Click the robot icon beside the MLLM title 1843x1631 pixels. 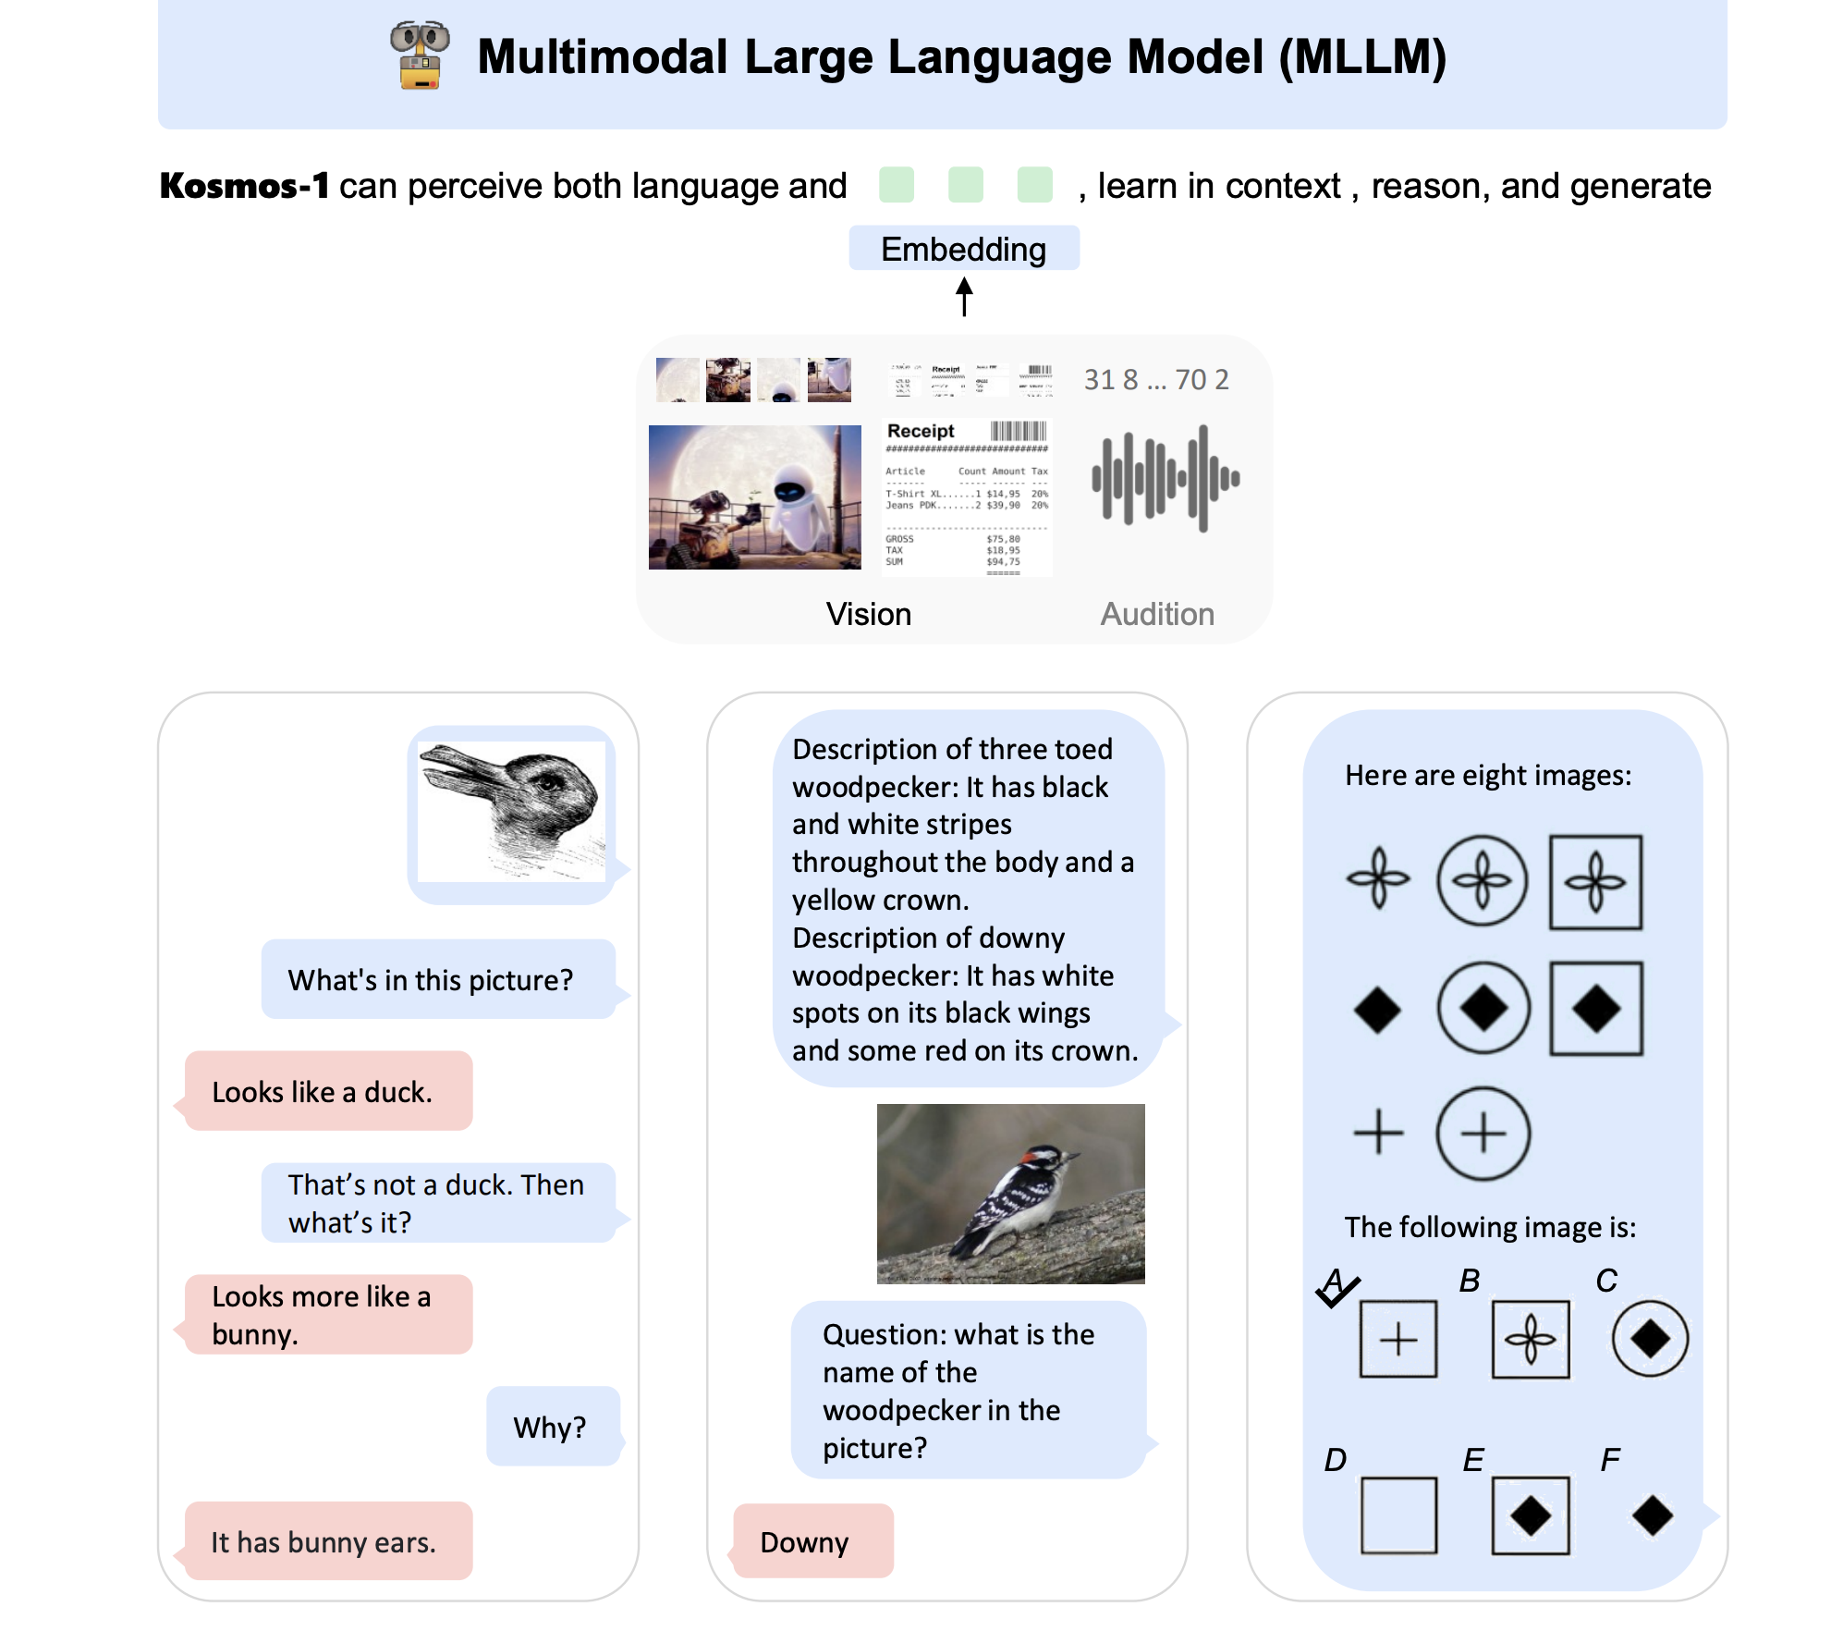(x=421, y=55)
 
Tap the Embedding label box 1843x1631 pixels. (x=963, y=249)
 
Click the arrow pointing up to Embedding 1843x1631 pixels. (x=964, y=297)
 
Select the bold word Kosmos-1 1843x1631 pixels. (x=244, y=186)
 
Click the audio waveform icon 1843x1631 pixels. (x=1166, y=478)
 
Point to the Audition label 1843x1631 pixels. (x=1156, y=614)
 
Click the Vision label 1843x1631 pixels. (x=868, y=614)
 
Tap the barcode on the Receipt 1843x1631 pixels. (x=1019, y=431)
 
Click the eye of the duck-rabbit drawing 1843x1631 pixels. (x=552, y=781)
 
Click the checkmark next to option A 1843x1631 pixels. (x=1337, y=1290)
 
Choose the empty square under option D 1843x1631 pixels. (x=1398, y=1515)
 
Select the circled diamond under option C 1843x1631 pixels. (x=1650, y=1338)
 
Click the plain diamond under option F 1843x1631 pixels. (x=1652, y=1515)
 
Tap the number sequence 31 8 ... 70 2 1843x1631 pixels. (x=1156, y=379)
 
